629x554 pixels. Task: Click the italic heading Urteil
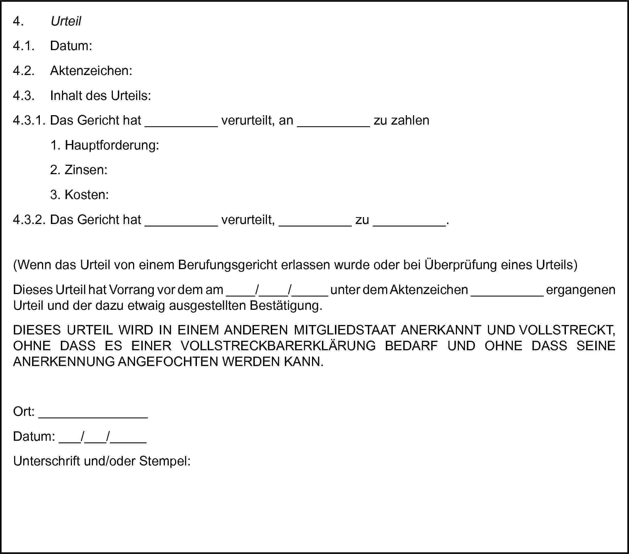tap(66, 21)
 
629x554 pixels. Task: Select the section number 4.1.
tap(24, 46)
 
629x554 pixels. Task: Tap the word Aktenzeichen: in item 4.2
tap(91, 71)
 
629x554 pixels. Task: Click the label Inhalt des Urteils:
tap(100, 96)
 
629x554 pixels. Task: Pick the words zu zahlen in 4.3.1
tap(401, 120)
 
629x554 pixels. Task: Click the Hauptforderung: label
tap(112, 145)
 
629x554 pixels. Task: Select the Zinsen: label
tap(86, 170)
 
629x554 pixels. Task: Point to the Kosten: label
tap(87, 195)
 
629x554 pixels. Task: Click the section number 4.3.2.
tap(29, 220)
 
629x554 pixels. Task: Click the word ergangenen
tap(581, 290)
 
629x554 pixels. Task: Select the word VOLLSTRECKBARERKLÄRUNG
tap(278, 346)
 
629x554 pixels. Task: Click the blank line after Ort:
tap(93, 416)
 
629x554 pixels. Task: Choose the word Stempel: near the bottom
tap(165, 461)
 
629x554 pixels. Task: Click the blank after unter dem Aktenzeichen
tap(507, 294)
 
